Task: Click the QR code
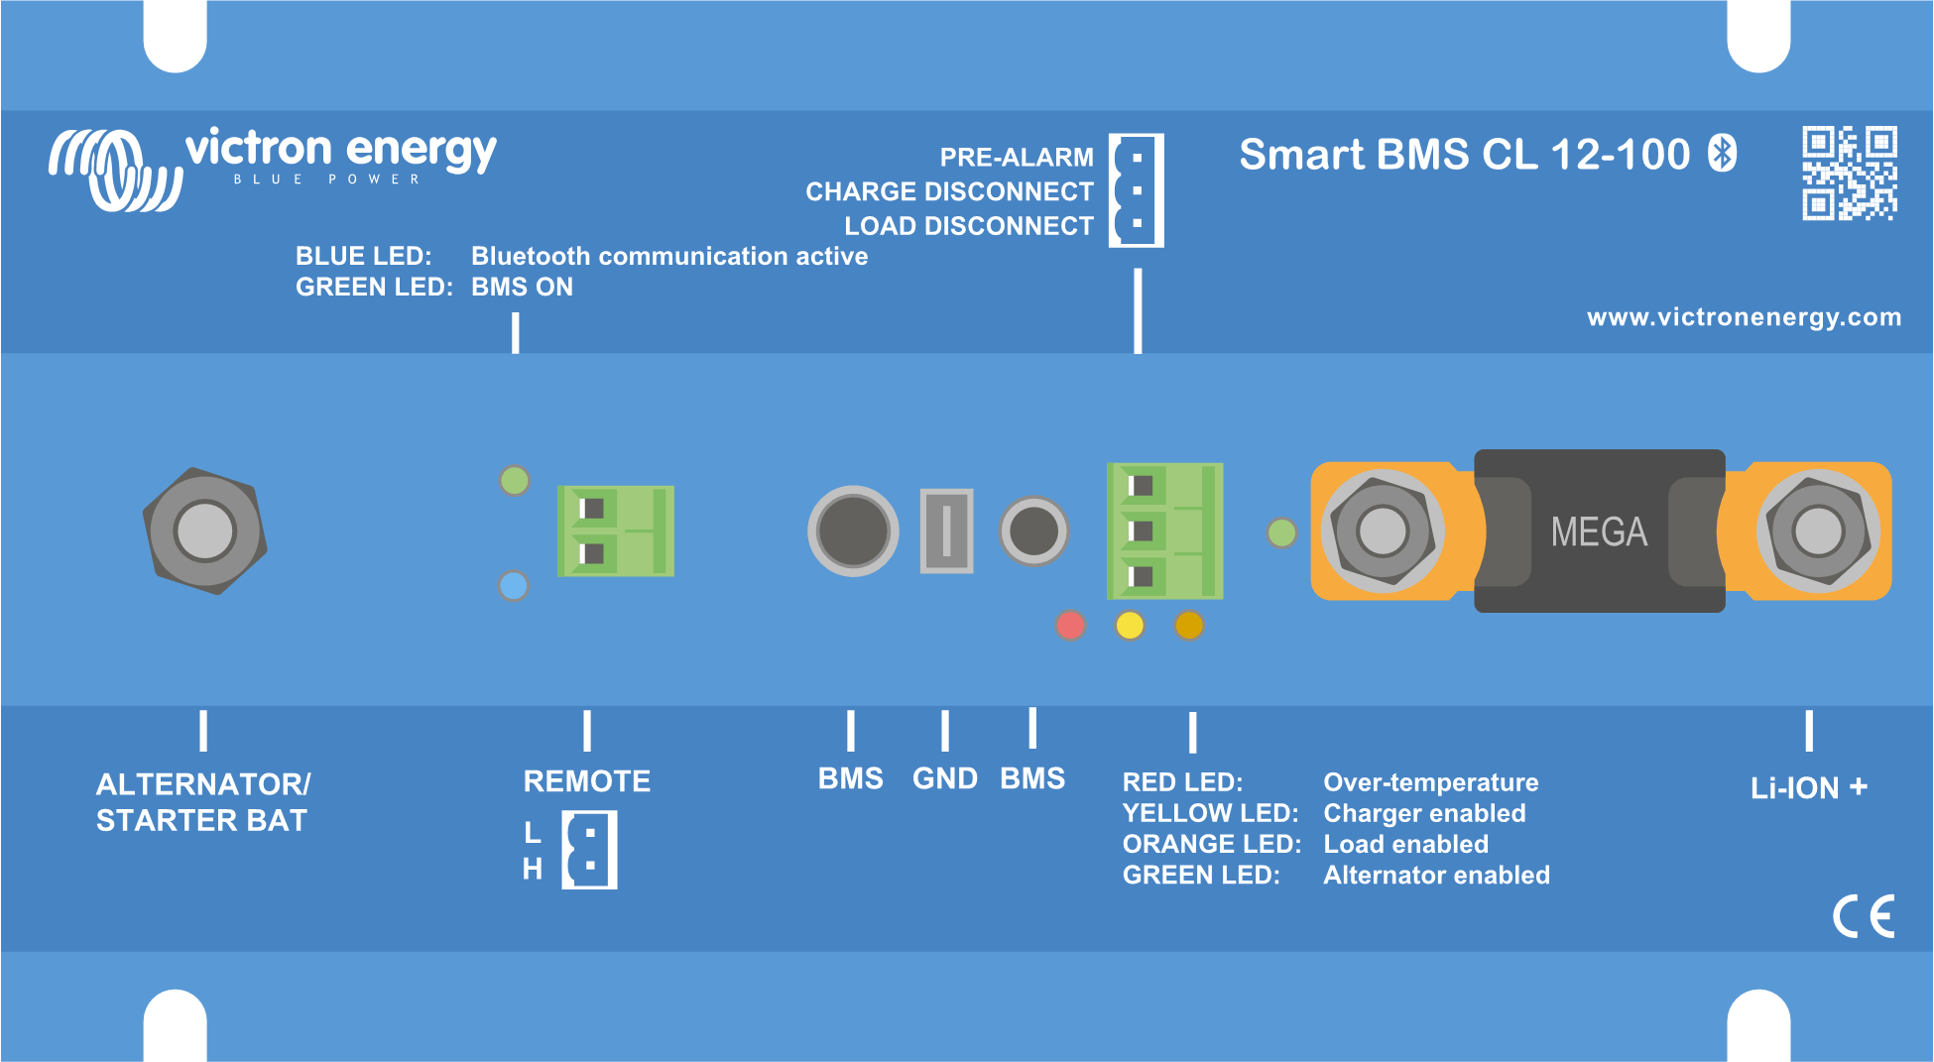pos(1849,173)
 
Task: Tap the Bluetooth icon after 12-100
pos(1723,154)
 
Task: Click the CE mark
pos(1863,916)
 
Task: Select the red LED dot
pos(1070,626)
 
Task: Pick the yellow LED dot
pos(1130,626)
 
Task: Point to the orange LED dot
pos(1188,626)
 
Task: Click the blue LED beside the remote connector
pos(514,586)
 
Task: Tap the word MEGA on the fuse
pos(1599,532)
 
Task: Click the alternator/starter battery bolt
pos(204,531)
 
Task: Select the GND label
pos(944,778)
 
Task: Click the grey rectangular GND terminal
pos(946,531)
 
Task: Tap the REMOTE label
pos(586,781)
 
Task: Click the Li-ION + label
pos(1808,788)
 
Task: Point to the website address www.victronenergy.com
pos(1744,317)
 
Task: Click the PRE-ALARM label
pos(1016,158)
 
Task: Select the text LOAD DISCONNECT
pos(968,226)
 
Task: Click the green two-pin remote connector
pos(616,531)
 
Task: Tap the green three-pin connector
pos(1164,531)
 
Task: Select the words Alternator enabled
pos(1435,876)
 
